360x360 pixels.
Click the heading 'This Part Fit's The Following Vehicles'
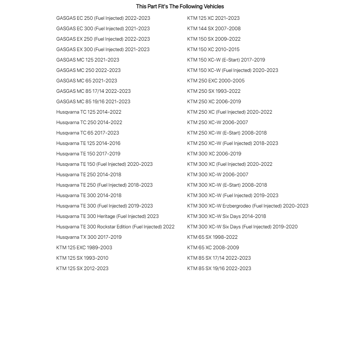click(x=180, y=6)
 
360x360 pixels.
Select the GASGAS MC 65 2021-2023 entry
click(x=87, y=81)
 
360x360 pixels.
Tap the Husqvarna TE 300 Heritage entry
click(x=107, y=216)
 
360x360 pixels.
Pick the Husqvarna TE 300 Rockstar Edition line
click(x=115, y=227)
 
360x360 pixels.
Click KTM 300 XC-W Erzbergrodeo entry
click(x=247, y=206)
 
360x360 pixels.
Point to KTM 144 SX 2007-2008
click(x=214, y=28)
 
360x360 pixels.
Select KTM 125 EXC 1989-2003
click(x=84, y=247)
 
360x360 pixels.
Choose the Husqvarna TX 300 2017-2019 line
click(x=89, y=237)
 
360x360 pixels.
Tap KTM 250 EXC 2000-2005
click(x=216, y=81)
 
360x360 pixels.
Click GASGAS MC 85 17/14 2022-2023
click(x=94, y=91)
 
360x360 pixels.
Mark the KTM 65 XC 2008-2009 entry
click(x=213, y=247)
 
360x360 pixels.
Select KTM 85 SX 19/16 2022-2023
click(x=219, y=268)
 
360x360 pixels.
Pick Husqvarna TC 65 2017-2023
click(x=87, y=133)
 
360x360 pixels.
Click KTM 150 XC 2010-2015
click(x=213, y=49)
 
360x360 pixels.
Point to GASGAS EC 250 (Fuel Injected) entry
click(x=103, y=18)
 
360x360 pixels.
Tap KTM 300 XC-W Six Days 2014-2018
click(x=227, y=216)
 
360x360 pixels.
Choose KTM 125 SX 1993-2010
click(x=82, y=258)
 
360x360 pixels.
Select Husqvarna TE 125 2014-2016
click(x=88, y=143)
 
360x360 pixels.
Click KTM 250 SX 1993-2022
click(x=214, y=91)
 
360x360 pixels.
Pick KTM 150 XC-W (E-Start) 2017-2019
click(x=226, y=60)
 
